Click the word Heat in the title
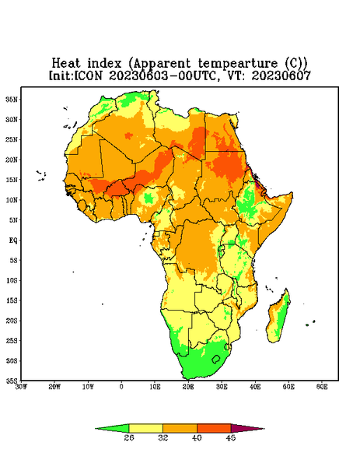(66, 63)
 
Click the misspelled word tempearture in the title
(238, 64)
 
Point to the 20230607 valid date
(281, 75)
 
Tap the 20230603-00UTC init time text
(163, 75)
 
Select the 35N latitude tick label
(12, 99)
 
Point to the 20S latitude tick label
(12, 321)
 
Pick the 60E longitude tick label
(322, 387)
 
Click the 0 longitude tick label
(121, 387)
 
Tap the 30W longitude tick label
(21, 387)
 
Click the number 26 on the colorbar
(129, 437)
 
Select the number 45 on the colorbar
(231, 437)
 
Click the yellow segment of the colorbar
(145, 428)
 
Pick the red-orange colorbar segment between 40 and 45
(214, 428)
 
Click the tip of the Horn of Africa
(292, 194)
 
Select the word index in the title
(104, 63)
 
